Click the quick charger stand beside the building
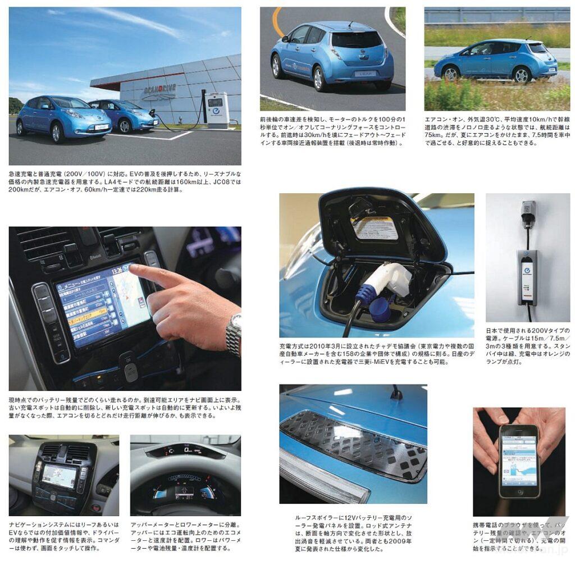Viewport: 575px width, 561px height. pos(217,110)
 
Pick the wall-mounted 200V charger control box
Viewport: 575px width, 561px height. pos(527,278)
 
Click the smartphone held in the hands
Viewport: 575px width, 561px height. pos(518,461)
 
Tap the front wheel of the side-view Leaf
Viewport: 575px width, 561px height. pos(451,74)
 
